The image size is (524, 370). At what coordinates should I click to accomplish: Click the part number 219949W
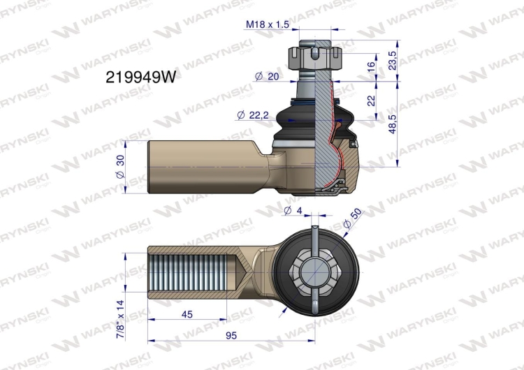pos(140,77)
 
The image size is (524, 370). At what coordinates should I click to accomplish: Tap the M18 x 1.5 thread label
pos(267,24)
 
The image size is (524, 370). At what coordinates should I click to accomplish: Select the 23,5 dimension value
pos(393,61)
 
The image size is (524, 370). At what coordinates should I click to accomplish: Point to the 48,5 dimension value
pos(393,124)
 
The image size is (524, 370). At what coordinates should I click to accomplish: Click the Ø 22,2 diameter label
pos(253,115)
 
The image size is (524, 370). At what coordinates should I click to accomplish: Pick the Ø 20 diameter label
pos(267,77)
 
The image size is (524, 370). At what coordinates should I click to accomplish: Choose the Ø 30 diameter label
pos(120,166)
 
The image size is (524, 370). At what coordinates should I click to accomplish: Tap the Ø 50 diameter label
pos(353,218)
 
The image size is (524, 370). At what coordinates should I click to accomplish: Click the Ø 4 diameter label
pos(293,210)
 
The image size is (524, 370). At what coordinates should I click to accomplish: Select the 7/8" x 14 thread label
pos(120,320)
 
